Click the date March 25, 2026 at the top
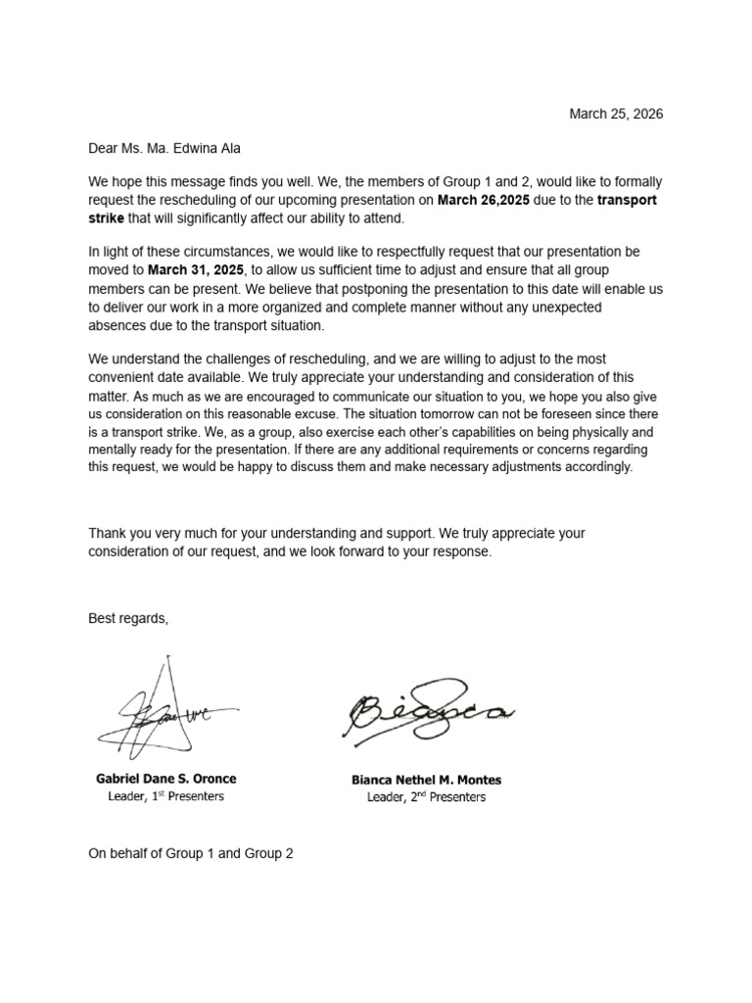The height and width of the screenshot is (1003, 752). [x=616, y=114]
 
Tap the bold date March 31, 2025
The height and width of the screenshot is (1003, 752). [x=195, y=269]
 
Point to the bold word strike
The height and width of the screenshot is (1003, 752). [x=107, y=217]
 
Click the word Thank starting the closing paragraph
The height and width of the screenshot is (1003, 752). [x=108, y=534]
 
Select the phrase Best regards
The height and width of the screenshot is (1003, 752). [x=127, y=619]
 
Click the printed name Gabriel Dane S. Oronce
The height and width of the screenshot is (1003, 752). [x=165, y=779]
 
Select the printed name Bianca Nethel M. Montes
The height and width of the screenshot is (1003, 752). [x=426, y=780]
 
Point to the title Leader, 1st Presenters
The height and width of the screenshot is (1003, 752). [x=165, y=796]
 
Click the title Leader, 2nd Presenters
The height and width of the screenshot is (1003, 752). [x=426, y=797]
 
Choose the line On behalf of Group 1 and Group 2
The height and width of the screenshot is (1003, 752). [x=191, y=853]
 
